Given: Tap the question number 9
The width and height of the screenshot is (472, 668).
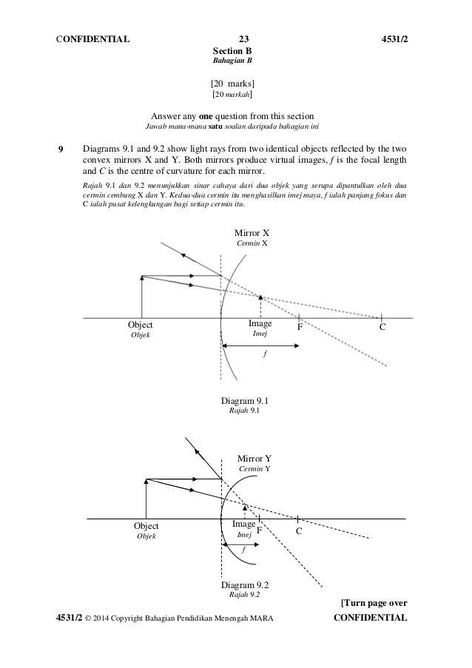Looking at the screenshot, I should tap(61, 147).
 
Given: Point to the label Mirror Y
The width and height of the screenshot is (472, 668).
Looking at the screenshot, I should tap(254, 459).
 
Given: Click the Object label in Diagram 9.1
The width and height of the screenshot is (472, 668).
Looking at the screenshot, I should tap(140, 325).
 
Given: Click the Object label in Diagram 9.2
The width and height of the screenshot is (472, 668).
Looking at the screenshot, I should tap(146, 526).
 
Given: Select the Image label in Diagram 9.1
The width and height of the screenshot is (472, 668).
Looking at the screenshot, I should tap(260, 324).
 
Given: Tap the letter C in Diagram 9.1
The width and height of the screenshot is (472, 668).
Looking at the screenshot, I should tap(382, 326).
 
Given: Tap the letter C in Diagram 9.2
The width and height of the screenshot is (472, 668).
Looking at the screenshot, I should tap(299, 530).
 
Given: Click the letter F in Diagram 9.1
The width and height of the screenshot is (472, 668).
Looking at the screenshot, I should tap(300, 326).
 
